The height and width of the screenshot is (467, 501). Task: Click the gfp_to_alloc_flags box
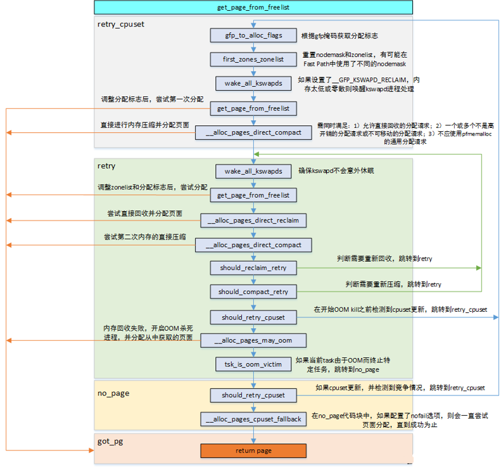coord(253,35)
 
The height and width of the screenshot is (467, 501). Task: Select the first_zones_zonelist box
coord(253,59)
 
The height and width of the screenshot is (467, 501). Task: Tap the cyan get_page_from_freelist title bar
coord(253,8)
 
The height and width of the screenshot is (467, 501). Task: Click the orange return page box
coord(253,451)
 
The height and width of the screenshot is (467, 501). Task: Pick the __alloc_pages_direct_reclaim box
coord(253,221)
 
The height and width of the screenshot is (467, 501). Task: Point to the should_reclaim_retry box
coord(253,268)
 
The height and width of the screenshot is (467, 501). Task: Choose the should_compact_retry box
coord(253,291)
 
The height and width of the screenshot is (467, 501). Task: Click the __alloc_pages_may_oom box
coord(253,340)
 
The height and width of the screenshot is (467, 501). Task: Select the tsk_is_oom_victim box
coord(253,364)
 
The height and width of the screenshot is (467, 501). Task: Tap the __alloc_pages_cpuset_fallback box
coord(253,419)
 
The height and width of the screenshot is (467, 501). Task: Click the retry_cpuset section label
coord(121,25)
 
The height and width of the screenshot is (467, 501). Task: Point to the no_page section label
coord(113,393)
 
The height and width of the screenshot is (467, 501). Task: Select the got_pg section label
coord(110,442)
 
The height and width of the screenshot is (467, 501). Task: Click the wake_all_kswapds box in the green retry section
coord(253,171)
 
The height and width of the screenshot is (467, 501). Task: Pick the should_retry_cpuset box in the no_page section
coord(253,395)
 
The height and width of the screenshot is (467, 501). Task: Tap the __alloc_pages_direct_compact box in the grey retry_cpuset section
coord(253,132)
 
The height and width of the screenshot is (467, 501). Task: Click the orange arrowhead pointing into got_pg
coord(92,451)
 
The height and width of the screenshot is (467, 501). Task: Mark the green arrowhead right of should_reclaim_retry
coord(479,268)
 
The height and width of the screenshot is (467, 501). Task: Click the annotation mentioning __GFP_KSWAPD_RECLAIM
coord(359,84)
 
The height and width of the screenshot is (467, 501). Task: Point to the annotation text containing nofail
coord(400,420)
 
